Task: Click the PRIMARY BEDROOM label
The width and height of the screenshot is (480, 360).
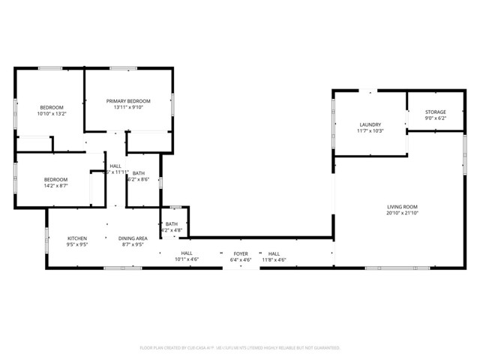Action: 128,100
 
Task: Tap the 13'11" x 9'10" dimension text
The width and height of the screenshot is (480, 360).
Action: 128,107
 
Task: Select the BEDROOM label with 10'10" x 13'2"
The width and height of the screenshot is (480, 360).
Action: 52,106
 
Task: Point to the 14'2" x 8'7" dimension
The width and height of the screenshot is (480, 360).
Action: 55,186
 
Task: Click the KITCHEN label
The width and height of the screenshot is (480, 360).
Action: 77,238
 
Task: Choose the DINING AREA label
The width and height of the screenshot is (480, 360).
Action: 132,238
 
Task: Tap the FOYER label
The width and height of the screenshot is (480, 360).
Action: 240,253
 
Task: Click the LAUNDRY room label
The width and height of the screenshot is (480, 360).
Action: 370,124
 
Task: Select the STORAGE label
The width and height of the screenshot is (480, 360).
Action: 436,112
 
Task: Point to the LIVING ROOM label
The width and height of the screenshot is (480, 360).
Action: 402,206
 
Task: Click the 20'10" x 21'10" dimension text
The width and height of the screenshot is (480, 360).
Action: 402,213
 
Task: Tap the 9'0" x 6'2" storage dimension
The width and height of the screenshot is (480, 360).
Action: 436,118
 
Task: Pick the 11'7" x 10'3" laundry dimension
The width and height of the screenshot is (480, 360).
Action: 370,131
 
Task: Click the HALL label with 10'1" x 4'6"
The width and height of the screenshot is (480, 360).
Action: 186,253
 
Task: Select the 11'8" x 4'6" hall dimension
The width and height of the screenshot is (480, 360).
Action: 273,260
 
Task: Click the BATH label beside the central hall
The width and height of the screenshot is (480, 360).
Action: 139,172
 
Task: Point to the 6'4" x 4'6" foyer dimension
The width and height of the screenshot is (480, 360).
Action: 240,260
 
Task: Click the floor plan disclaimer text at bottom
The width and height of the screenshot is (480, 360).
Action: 240,348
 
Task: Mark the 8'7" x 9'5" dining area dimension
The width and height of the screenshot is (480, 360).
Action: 132,244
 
